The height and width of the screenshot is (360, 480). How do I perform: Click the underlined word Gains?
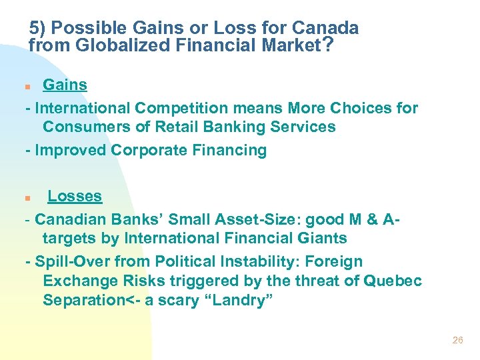pyautogui.click(x=65, y=85)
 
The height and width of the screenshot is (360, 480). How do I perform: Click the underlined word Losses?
pyautogui.click(x=75, y=197)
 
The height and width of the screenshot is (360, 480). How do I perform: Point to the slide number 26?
pyautogui.click(x=457, y=340)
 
